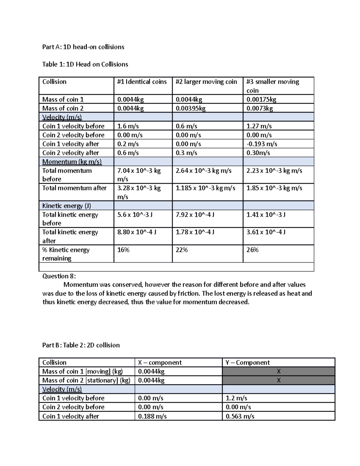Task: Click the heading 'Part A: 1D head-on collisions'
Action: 83,47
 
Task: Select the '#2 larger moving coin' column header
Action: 206,82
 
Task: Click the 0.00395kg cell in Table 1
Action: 190,108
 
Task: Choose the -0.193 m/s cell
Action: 262,144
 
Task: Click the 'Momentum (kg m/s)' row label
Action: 72,162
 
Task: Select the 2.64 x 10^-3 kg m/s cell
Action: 203,170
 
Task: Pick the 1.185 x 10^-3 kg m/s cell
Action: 205,188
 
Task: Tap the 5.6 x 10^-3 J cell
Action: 135,215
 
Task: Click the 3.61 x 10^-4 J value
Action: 266,232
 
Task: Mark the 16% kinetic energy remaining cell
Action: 123,250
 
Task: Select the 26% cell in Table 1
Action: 252,250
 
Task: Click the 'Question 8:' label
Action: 59,276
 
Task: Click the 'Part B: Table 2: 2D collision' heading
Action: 81,345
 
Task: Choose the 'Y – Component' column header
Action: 247,362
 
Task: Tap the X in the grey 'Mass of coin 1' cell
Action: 278,371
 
